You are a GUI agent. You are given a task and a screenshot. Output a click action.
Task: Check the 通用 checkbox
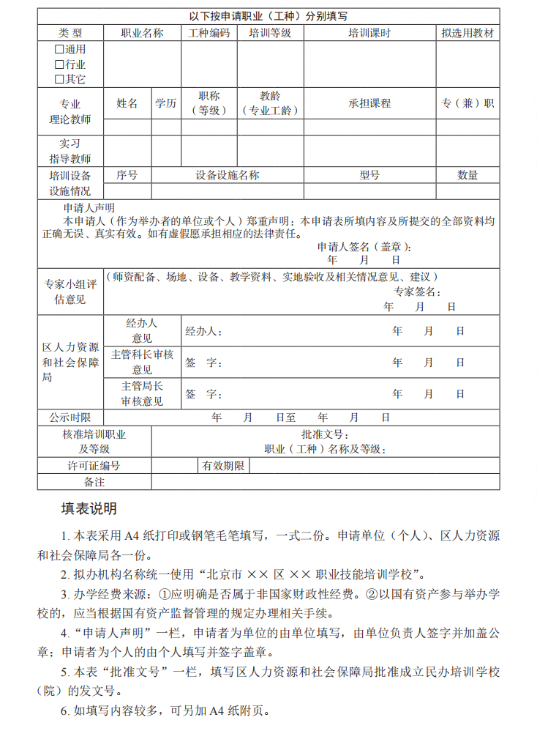pyautogui.click(x=59, y=50)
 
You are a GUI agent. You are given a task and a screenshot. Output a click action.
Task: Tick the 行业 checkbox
pyautogui.click(x=59, y=64)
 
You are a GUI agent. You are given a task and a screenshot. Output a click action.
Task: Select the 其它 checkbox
pyautogui.click(x=59, y=79)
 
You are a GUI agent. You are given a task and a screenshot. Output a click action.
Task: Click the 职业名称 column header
pyautogui.click(x=142, y=33)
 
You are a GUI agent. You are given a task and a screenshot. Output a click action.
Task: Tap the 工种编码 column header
pyautogui.click(x=209, y=33)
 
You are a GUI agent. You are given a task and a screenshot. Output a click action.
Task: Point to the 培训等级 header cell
pyautogui.click(x=270, y=33)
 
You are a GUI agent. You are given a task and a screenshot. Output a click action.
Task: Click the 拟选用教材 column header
pyautogui.click(x=467, y=33)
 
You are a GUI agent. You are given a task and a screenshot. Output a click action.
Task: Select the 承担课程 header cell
pyautogui.click(x=369, y=103)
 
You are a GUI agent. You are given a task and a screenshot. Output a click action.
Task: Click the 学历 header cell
pyautogui.click(x=165, y=103)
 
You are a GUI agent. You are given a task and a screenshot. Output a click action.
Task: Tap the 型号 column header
pyautogui.click(x=369, y=175)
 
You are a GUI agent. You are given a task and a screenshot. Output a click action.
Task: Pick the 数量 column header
pyautogui.click(x=467, y=175)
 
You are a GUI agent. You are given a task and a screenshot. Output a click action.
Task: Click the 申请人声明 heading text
pyautogui.click(x=89, y=208)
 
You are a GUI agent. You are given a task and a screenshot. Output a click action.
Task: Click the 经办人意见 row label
pyautogui.click(x=142, y=331)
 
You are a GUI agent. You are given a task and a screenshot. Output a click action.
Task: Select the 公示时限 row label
pyautogui.click(x=70, y=417)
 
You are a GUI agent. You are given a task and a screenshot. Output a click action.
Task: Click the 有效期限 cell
pyautogui.click(x=224, y=466)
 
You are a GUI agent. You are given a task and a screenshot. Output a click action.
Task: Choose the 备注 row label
pyautogui.click(x=94, y=482)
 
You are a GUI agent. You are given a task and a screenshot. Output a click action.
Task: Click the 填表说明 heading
pyautogui.click(x=89, y=508)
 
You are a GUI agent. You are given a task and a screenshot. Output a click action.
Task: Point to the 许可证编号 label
pyautogui.click(x=94, y=466)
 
